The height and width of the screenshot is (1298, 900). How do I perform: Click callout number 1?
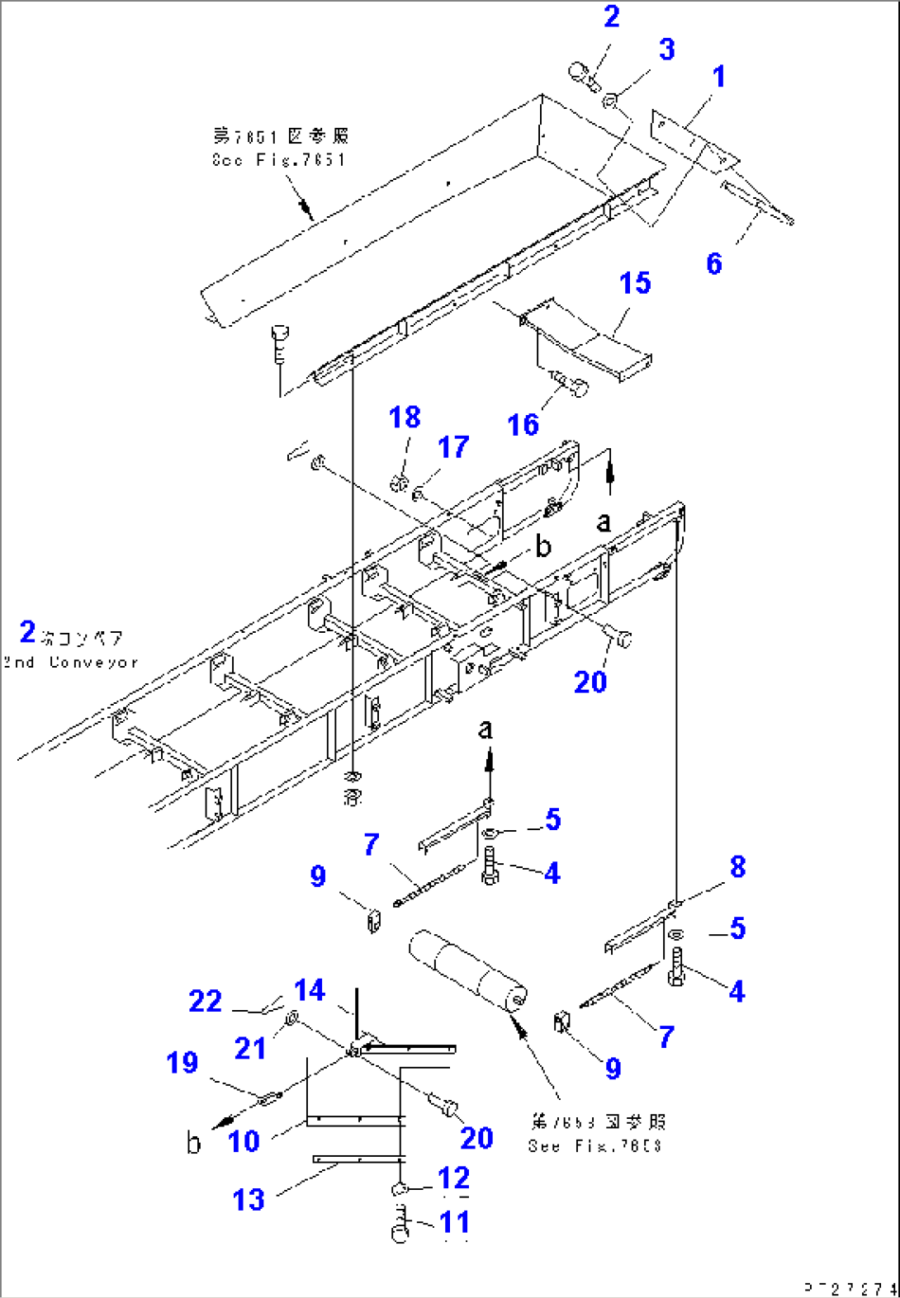[x=719, y=77]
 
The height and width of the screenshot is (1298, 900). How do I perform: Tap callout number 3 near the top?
[x=667, y=50]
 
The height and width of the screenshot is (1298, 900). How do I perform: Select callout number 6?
[x=714, y=264]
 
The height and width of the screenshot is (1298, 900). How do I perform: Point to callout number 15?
[x=635, y=283]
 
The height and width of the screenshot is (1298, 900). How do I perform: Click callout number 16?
[x=523, y=425]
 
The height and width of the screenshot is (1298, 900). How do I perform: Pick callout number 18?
[x=405, y=418]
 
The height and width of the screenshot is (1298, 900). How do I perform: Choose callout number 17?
[x=453, y=447]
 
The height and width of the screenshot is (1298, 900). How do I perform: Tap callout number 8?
[x=737, y=866]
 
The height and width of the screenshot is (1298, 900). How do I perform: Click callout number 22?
[x=205, y=1001]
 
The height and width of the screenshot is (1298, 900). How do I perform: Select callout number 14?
[x=310, y=990]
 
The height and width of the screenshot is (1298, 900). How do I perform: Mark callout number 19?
[x=182, y=1063]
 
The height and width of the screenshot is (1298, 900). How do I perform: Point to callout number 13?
[x=249, y=1200]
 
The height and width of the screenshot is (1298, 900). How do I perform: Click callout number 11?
[x=454, y=1222]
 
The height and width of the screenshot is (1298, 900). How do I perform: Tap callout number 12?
[x=454, y=1178]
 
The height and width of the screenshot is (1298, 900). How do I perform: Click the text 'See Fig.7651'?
[x=278, y=160]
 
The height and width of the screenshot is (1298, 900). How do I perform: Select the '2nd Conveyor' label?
[x=70, y=663]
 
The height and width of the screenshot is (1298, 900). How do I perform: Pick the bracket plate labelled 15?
[x=590, y=338]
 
